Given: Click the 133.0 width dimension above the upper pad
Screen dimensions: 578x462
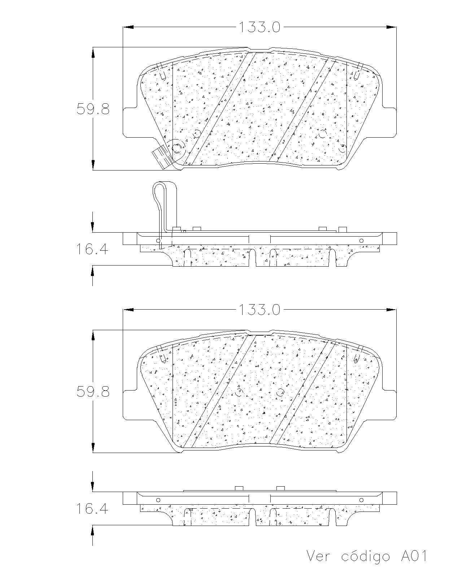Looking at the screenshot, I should [x=259, y=27].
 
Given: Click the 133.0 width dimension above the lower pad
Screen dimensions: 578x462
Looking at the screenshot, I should [x=259, y=310].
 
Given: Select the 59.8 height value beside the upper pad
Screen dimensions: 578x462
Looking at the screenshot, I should [x=93, y=109].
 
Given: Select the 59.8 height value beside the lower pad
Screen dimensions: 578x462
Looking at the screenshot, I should [x=93, y=392].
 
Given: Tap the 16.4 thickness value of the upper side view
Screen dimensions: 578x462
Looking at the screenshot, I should [x=92, y=249].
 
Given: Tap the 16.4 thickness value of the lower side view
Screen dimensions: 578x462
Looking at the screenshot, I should [x=92, y=508].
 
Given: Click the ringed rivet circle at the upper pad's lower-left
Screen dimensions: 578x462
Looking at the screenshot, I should [x=177, y=147].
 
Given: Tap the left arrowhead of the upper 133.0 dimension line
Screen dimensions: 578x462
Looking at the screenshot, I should [x=128, y=27].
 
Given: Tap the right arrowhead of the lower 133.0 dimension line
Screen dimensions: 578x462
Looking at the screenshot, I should [x=391, y=310].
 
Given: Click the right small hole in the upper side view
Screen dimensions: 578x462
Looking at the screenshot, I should [x=361, y=241].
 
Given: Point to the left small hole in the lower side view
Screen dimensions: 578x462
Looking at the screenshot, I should [x=158, y=500].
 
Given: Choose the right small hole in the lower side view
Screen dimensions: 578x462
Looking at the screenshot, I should [x=361, y=500].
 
